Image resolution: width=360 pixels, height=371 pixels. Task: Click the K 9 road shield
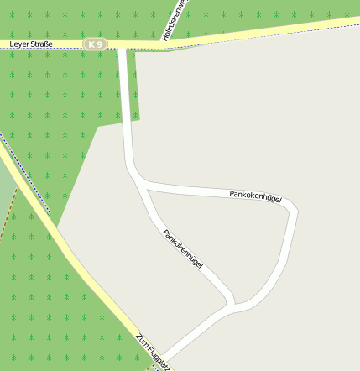[96, 44]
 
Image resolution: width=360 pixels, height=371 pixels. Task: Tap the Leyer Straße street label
[31, 44]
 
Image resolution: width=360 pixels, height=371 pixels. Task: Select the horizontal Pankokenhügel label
[255, 196]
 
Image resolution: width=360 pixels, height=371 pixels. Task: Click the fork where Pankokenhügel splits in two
[142, 184]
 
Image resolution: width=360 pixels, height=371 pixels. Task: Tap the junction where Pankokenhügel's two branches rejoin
[233, 305]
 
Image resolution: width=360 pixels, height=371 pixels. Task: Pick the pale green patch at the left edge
[5, 189]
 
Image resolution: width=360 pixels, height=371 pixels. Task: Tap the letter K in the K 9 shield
[91, 44]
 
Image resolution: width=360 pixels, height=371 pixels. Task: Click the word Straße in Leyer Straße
[40, 44]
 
